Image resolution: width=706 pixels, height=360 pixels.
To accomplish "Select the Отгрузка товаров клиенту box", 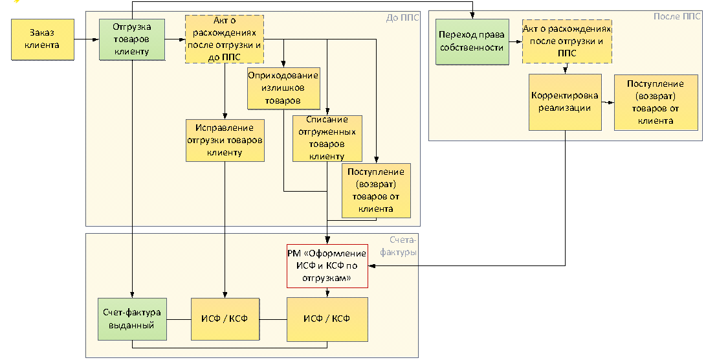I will click(131, 40).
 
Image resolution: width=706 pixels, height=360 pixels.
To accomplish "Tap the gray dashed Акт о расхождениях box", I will click(223, 39).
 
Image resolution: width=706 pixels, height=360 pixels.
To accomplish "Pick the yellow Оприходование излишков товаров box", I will click(283, 89).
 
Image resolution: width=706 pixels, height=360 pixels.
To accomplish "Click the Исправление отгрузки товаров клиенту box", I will click(225, 141).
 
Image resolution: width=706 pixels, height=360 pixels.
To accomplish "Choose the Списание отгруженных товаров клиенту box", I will click(327, 138).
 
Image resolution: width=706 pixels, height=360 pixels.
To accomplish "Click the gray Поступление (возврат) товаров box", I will click(375, 190).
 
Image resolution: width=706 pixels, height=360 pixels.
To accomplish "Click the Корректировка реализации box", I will click(565, 102).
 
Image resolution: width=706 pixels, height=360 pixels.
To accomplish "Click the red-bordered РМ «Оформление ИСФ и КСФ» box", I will click(327, 265).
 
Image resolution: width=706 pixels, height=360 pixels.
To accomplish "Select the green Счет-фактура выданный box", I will click(132, 319).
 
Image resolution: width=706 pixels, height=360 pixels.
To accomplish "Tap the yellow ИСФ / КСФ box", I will click(225, 319).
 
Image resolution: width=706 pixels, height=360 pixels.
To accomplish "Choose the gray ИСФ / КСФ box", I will click(327, 319).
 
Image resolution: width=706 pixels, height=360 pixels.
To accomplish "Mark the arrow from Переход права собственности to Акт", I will click(514, 42).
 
